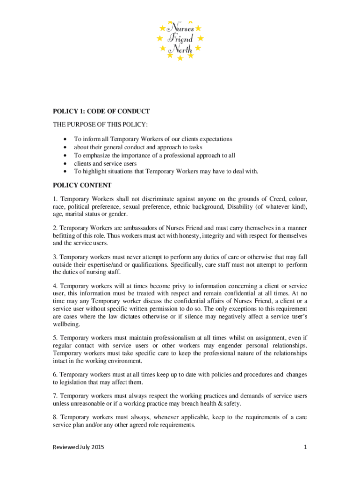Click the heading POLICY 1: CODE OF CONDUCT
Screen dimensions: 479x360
(101, 111)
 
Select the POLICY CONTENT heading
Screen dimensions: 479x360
(82, 185)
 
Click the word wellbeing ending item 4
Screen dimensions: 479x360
(66, 324)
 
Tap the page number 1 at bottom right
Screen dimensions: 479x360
(305, 448)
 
